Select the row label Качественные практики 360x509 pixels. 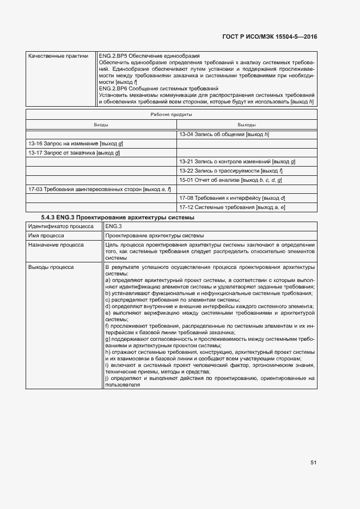(58, 56)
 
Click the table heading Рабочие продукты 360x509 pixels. (171, 115)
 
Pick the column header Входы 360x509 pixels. (101, 125)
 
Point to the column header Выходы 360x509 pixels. (247, 125)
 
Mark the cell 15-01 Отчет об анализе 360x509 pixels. (230, 180)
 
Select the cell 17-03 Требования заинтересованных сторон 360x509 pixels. (99, 189)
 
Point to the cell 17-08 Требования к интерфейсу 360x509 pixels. (232, 198)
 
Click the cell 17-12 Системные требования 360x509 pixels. (232, 207)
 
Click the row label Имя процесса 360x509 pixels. (46, 236)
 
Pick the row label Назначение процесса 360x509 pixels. (56, 245)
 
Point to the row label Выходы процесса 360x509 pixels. (51, 267)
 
